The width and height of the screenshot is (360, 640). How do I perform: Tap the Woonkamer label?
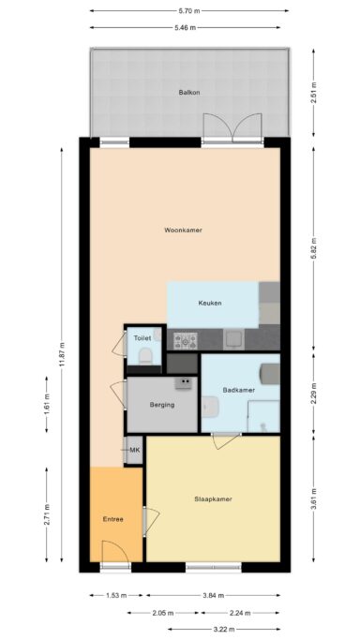point(184,230)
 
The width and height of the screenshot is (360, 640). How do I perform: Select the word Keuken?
point(210,303)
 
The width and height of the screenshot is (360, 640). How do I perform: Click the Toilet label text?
point(142,337)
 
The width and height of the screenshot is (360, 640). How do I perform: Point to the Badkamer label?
point(238,389)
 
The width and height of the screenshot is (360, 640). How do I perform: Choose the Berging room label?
point(162,405)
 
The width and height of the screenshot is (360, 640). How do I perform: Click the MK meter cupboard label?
point(134,451)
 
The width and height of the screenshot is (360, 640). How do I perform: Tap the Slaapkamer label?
point(213,499)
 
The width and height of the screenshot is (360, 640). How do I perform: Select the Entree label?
point(113,518)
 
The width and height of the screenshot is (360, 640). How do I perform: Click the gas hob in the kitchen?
point(183,339)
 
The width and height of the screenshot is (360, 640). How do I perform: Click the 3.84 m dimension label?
point(213,594)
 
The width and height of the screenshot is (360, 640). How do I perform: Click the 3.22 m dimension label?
point(223,628)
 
